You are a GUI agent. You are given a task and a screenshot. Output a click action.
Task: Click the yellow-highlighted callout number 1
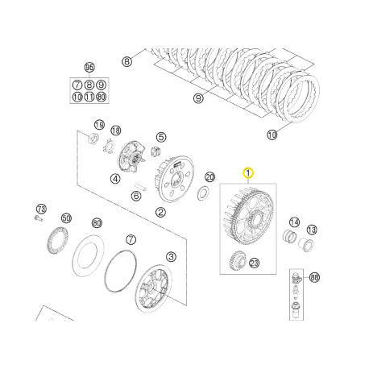click(x=248, y=172)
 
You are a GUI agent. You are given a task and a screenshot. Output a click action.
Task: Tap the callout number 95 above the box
click(x=89, y=67)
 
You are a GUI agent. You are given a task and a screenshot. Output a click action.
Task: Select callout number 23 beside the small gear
click(x=255, y=263)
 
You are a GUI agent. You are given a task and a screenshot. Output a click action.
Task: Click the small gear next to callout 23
click(x=237, y=261)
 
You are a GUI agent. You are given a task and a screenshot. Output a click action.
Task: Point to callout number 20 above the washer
click(x=210, y=177)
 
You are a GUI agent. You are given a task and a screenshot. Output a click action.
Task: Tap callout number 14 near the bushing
click(x=294, y=222)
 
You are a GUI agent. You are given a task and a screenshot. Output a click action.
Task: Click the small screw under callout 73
click(x=37, y=217)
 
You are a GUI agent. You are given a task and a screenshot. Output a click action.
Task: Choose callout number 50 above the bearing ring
click(x=66, y=218)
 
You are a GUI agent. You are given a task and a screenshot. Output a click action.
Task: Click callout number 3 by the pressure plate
click(x=171, y=256)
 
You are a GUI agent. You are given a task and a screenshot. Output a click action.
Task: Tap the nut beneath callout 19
click(x=93, y=143)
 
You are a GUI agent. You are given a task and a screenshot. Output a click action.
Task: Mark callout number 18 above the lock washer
click(x=116, y=131)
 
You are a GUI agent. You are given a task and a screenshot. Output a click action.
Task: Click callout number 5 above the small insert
click(x=161, y=138)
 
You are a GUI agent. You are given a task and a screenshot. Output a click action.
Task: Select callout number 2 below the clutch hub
click(x=161, y=213)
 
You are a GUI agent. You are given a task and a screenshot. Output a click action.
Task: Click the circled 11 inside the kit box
click(x=89, y=97)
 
